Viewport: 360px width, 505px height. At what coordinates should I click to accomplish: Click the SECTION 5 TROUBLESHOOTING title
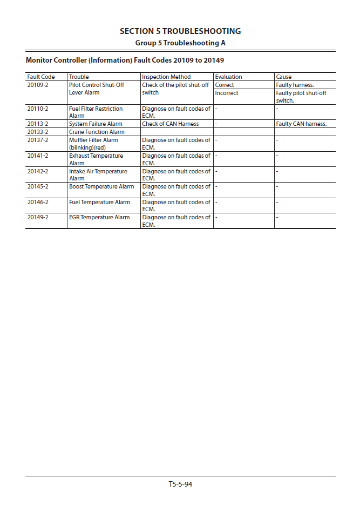click(180, 31)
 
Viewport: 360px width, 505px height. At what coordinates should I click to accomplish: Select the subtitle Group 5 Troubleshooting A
click(180, 43)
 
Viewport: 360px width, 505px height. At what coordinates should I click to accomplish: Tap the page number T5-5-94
click(180, 484)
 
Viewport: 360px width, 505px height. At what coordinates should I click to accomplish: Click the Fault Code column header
click(41, 77)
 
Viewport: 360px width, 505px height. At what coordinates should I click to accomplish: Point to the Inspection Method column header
click(166, 77)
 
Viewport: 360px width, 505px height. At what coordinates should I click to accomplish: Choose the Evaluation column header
click(228, 77)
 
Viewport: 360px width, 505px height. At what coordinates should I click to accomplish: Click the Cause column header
click(283, 77)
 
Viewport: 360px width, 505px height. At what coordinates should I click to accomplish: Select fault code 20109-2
click(38, 85)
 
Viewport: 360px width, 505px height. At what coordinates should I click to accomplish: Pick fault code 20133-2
click(38, 132)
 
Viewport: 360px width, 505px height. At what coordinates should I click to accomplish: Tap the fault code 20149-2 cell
click(38, 217)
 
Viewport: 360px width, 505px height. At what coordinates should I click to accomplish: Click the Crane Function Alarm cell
click(97, 132)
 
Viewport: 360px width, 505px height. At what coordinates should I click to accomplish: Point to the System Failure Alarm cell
click(96, 124)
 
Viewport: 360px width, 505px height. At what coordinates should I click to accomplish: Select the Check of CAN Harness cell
click(170, 124)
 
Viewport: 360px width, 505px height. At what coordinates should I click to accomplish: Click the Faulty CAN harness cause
click(301, 124)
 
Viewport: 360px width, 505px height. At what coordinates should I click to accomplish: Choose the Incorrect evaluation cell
click(227, 93)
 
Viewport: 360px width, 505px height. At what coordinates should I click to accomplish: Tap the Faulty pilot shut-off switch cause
click(301, 97)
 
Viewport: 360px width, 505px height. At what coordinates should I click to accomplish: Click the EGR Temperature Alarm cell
click(99, 217)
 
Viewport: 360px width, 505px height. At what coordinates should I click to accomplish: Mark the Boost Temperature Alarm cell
click(101, 186)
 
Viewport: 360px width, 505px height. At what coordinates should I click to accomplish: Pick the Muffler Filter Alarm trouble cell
click(94, 143)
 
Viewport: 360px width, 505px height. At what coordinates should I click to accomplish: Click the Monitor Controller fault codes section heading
click(125, 60)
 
